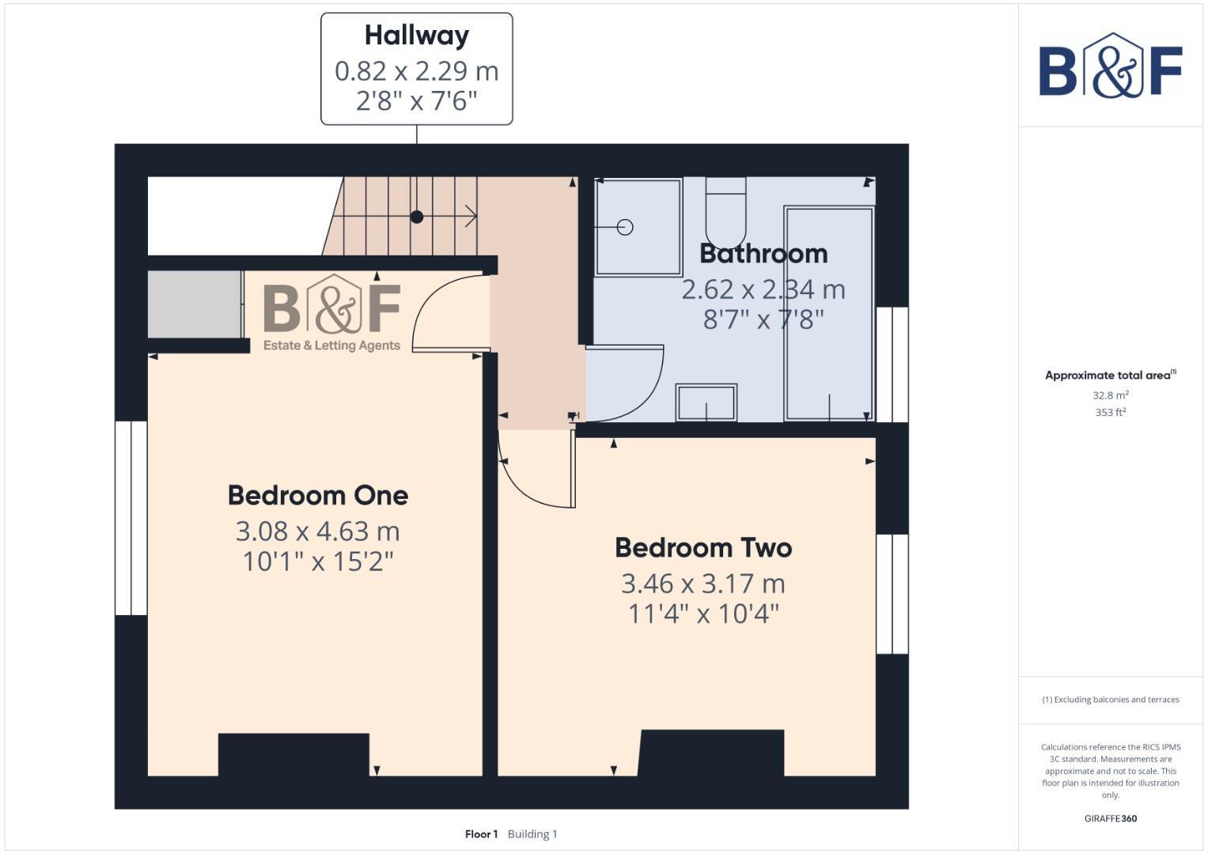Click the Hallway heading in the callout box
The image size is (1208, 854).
[x=417, y=36]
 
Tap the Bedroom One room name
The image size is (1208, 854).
[x=318, y=496]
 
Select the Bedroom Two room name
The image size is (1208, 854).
[x=703, y=548]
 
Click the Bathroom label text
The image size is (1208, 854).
[x=763, y=254]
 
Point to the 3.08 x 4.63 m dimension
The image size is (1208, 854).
[x=318, y=531]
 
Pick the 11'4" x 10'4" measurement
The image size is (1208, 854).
[x=703, y=614]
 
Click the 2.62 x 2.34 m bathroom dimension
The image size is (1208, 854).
[x=763, y=289]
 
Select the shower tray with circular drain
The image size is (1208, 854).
[x=638, y=228]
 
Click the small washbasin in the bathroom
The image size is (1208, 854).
[x=706, y=402]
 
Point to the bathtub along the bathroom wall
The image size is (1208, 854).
[x=829, y=314]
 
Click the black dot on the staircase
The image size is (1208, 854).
[x=417, y=217]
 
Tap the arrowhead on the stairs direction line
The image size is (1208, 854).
[x=471, y=216]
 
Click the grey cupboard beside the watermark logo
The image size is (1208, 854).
[x=195, y=304]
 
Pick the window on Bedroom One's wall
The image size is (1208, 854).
[x=131, y=518]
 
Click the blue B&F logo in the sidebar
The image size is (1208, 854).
[x=1110, y=66]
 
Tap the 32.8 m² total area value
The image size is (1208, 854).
[x=1110, y=395]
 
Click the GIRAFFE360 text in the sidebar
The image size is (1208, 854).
[x=1110, y=818]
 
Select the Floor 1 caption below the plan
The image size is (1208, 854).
[x=481, y=834]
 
